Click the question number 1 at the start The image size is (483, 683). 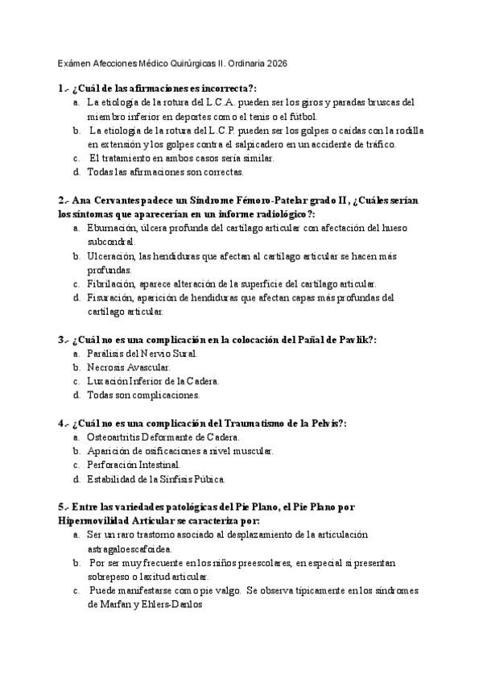pyautogui.click(x=61, y=88)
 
